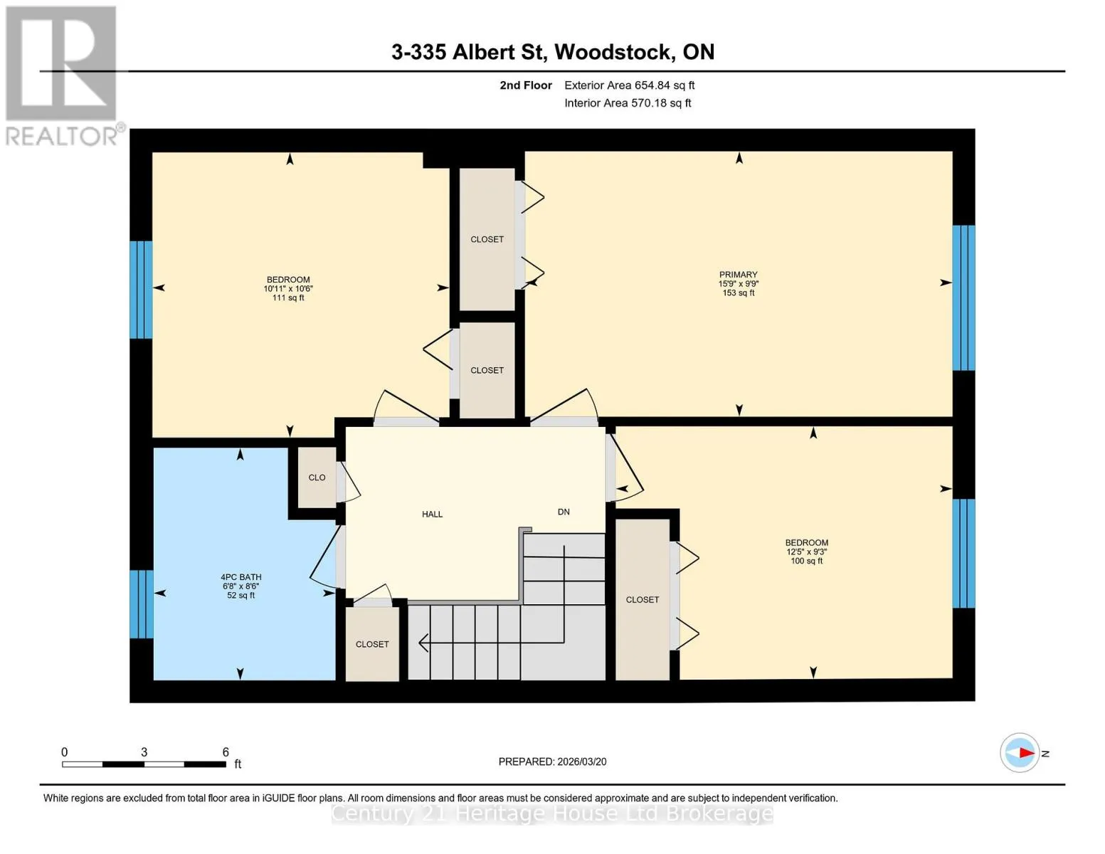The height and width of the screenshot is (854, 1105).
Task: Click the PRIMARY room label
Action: [738, 275]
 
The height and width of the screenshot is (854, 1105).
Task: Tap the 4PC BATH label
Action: [241, 576]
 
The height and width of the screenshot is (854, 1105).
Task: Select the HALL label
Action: [432, 515]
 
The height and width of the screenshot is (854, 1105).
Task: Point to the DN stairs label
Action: [564, 512]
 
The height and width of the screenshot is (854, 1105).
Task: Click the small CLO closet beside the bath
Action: [317, 478]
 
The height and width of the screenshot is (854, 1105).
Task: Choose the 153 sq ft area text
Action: [739, 293]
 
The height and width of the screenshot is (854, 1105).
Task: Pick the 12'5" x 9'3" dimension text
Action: [806, 552]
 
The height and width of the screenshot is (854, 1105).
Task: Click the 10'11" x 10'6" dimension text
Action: [288, 288]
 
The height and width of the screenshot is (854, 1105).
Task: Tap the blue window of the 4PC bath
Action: [142, 603]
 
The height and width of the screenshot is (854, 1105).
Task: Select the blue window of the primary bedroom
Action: [963, 297]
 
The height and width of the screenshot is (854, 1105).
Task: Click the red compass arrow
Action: [1027, 753]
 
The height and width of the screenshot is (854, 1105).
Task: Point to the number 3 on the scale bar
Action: [144, 752]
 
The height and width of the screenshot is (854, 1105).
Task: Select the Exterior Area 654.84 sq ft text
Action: [630, 85]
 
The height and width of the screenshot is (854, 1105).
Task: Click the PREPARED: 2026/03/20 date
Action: [552, 761]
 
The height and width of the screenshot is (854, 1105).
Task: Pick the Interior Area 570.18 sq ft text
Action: [628, 103]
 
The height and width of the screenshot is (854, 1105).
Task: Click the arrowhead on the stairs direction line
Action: [423, 643]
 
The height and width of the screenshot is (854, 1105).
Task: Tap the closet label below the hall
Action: [372, 644]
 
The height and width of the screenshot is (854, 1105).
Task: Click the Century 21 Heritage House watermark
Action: [552, 813]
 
